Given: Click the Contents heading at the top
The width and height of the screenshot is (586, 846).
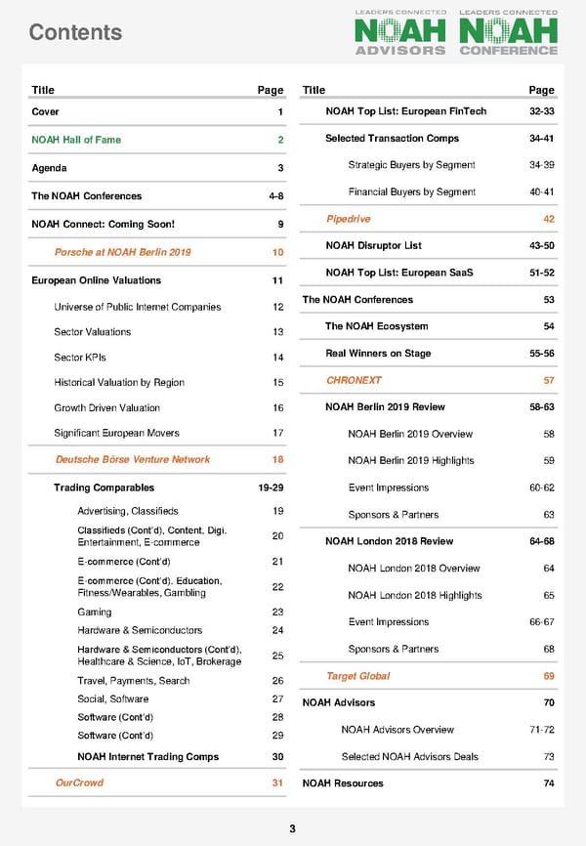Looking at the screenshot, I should point(75,32).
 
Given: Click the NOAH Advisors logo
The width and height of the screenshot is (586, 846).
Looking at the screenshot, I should point(400,33).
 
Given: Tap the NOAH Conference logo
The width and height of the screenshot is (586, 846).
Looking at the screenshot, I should point(508,33).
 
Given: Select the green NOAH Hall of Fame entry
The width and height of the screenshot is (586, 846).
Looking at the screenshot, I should point(76,140).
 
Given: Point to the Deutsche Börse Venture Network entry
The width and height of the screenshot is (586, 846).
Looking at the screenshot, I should point(133,459).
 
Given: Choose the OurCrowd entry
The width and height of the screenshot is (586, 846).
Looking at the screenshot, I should point(79,783).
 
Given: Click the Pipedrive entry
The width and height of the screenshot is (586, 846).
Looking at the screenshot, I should point(349,219).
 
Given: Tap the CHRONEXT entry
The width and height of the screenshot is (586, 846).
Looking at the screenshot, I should point(354,380).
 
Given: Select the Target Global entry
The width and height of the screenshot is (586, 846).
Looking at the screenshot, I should point(357,676).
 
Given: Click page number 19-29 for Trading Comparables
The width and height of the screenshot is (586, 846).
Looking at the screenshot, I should point(270,487).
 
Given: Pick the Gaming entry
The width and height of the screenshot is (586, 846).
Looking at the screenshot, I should point(94,612).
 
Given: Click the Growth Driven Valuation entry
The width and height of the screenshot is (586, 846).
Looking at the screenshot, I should point(107,407).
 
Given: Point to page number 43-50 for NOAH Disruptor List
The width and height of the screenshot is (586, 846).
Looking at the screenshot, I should point(541,245).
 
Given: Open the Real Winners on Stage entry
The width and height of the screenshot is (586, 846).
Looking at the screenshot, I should point(378,353).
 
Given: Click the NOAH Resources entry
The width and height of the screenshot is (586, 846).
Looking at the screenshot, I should point(343,783).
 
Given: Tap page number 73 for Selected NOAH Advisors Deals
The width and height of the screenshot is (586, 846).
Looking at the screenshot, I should point(548,756).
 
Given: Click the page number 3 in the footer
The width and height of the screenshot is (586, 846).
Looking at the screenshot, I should point(292,829).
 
